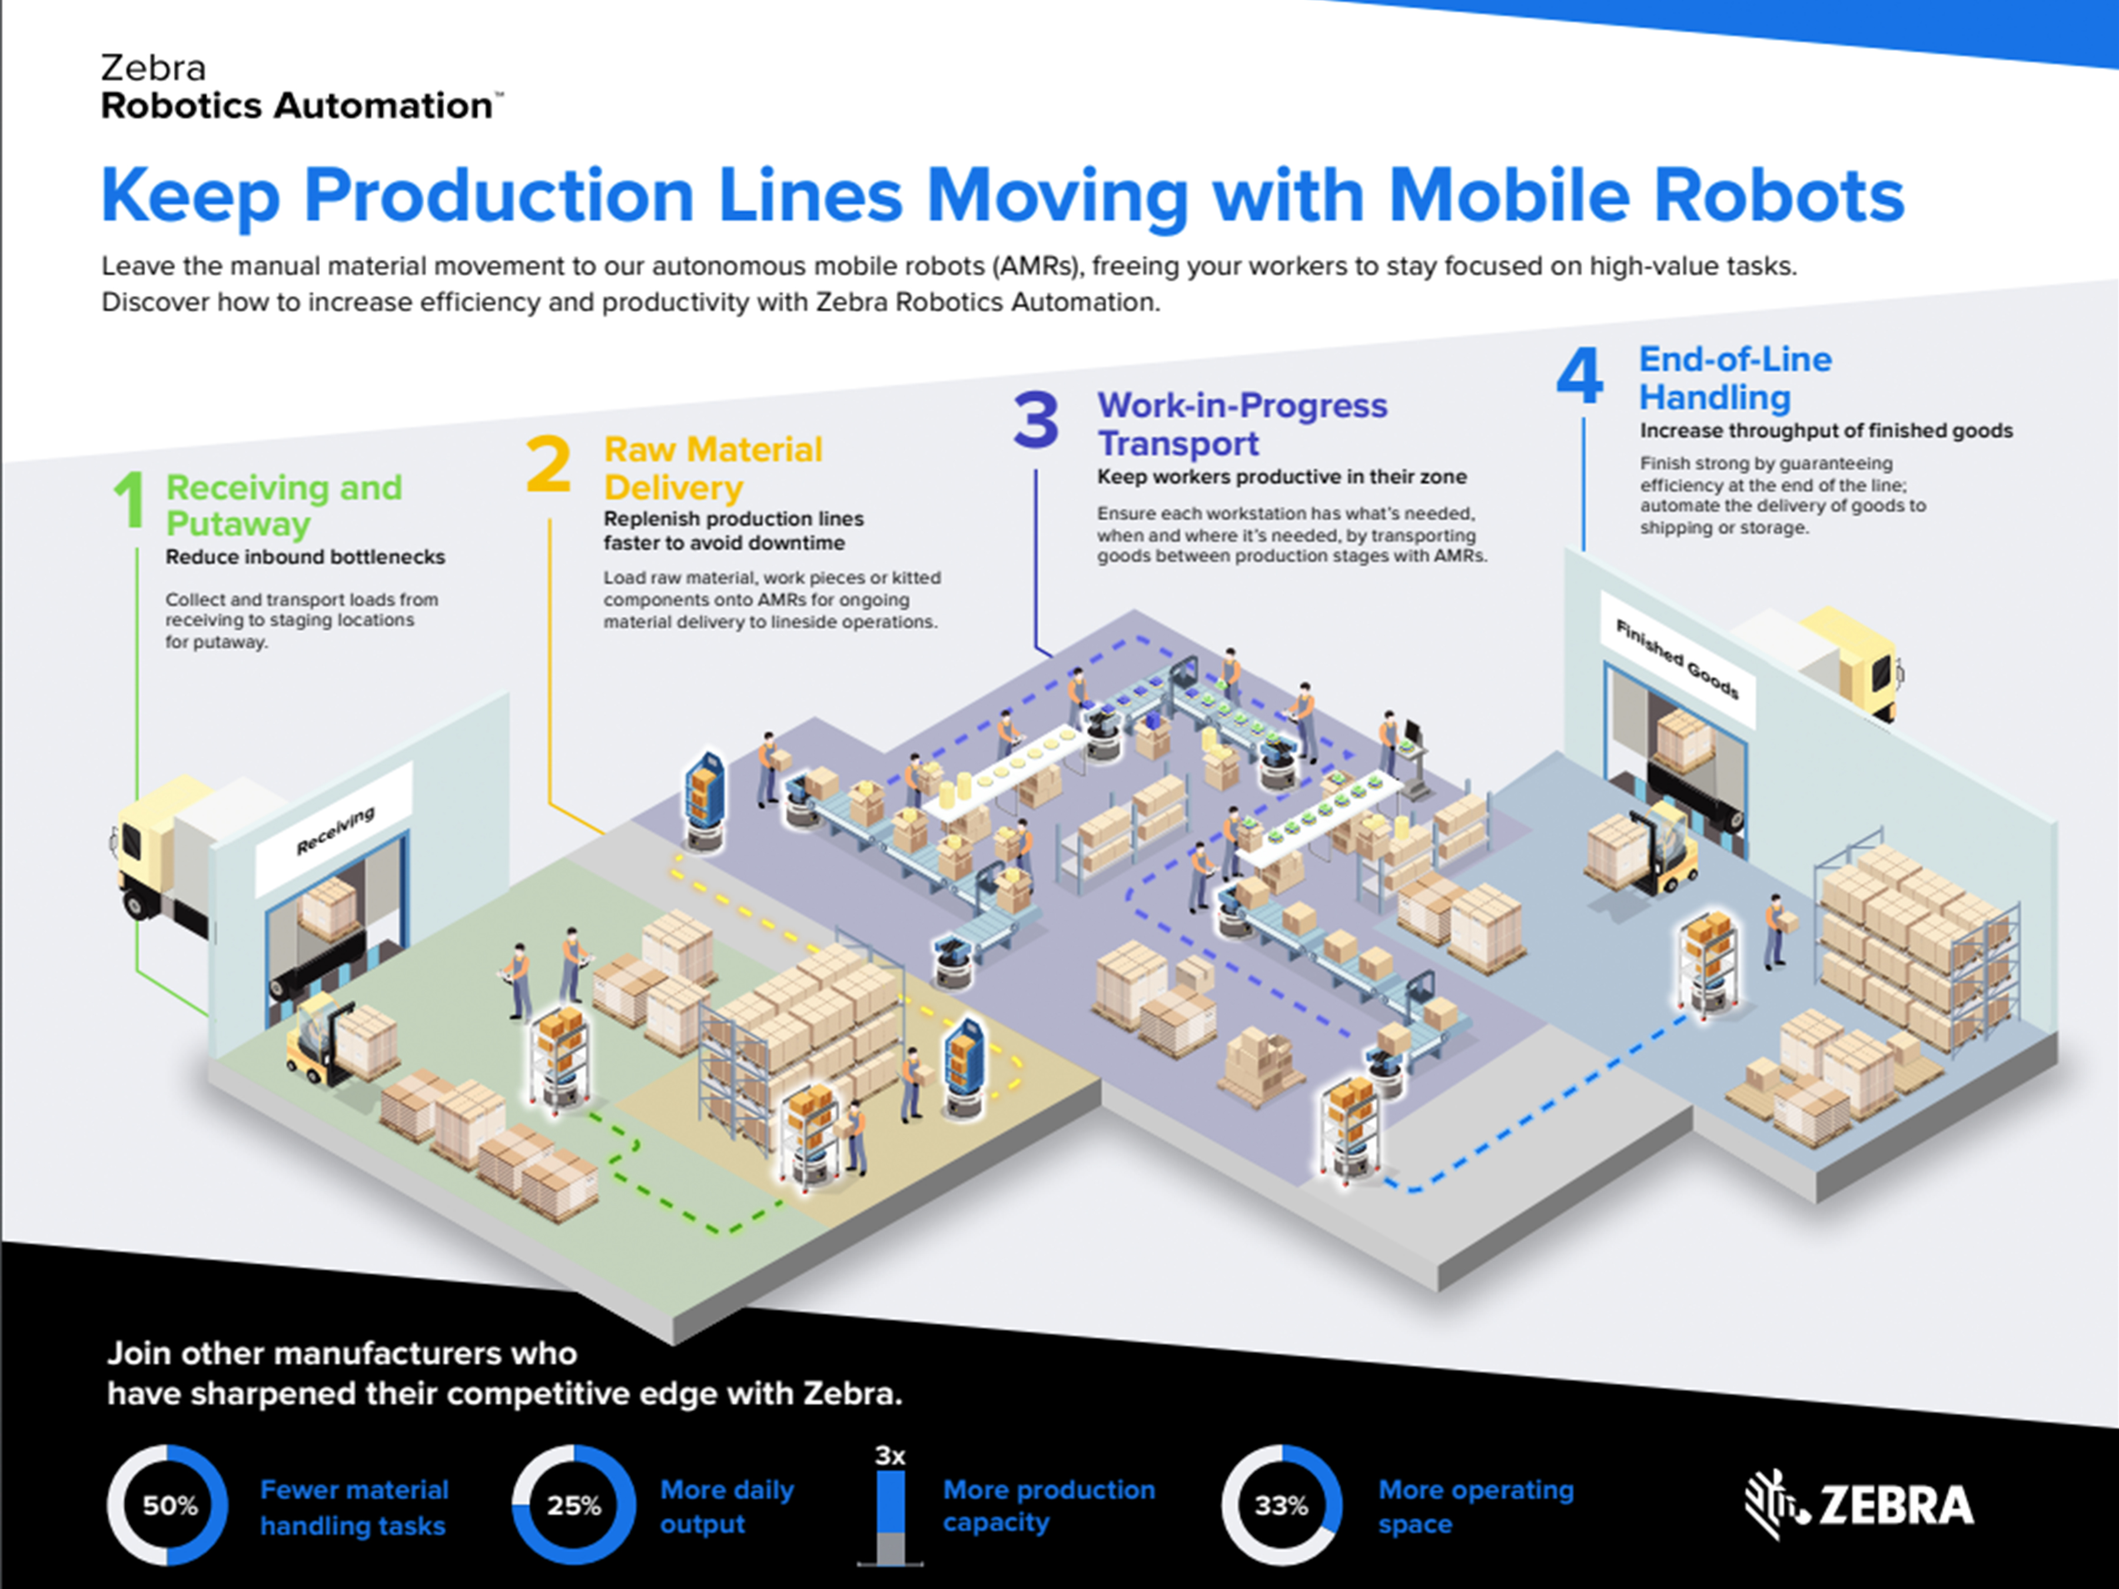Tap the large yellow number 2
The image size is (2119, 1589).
point(548,464)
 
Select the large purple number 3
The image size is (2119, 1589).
point(1035,420)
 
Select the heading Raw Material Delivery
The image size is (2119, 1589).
point(713,468)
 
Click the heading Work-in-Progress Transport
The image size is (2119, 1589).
point(1241,424)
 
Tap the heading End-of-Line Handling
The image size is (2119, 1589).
point(1735,378)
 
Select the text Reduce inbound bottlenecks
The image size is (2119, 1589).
point(305,557)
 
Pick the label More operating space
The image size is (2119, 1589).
point(1475,1507)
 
